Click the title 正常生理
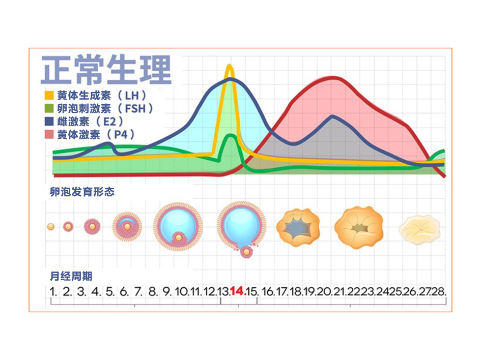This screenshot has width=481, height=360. (106, 70)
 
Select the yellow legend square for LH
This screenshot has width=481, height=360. (49, 95)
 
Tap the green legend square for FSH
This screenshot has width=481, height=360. (49, 108)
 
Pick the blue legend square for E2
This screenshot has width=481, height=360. (49, 122)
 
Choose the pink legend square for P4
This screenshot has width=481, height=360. (49, 134)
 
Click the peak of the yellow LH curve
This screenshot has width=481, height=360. (229, 66)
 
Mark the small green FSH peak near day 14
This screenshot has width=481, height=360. (231, 136)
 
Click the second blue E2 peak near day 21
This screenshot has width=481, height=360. (332, 116)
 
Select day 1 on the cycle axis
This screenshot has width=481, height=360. (53, 291)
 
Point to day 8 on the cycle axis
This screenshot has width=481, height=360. (153, 291)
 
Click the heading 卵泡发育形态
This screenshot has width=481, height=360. (82, 192)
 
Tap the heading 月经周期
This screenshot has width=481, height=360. (71, 276)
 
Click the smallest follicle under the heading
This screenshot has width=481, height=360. (50, 227)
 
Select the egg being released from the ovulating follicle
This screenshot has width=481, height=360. (246, 252)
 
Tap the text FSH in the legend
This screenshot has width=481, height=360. (135, 108)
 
